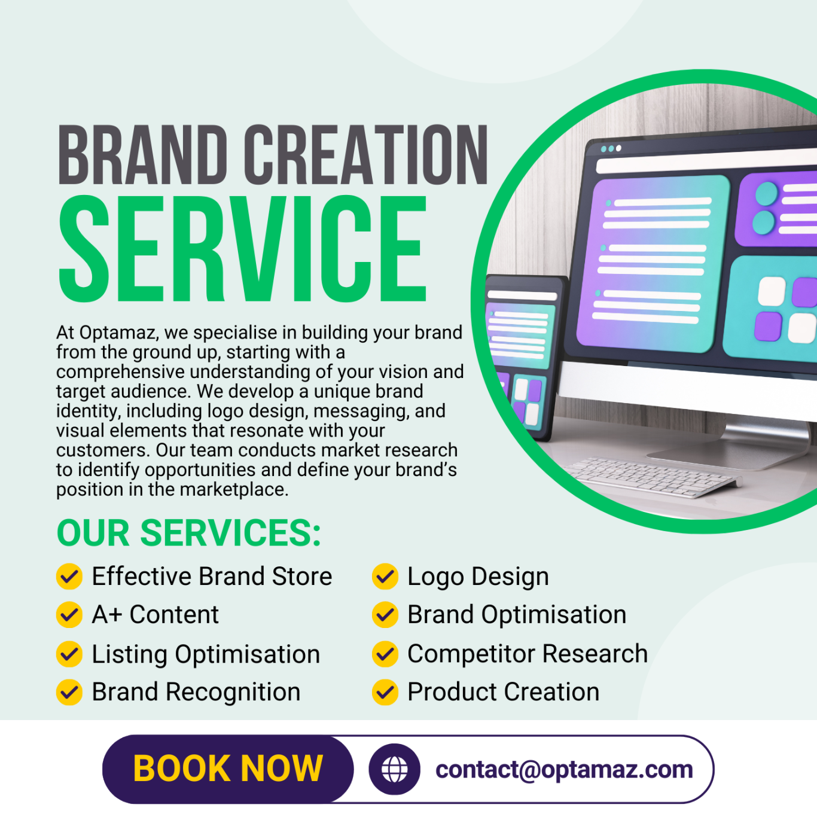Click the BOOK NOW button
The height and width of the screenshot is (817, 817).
(x=228, y=769)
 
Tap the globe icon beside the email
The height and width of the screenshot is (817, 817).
(x=394, y=769)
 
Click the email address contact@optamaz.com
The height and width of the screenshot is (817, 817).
(x=564, y=770)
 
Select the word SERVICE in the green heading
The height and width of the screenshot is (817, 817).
(x=242, y=249)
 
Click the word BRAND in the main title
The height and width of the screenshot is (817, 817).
(x=143, y=155)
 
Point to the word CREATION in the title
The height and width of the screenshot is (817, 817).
(x=366, y=155)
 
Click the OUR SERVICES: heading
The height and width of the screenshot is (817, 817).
(x=188, y=533)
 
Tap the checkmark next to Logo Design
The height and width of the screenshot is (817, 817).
(x=385, y=576)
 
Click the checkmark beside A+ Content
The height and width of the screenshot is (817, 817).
(x=69, y=614)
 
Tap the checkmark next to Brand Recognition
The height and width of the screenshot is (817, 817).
(x=69, y=692)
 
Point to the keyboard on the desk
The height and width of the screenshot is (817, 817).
(x=653, y=477)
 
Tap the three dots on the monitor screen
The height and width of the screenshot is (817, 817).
(x=611, y=148)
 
